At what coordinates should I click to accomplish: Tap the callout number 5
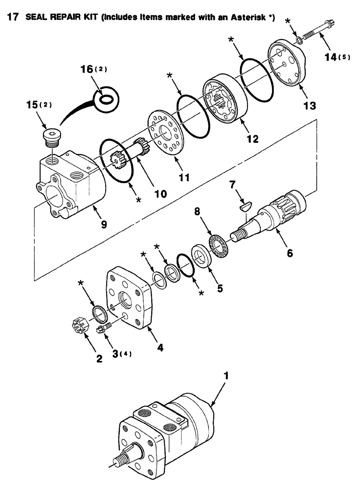point(220,289)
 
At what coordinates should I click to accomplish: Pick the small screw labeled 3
point(104,329)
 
